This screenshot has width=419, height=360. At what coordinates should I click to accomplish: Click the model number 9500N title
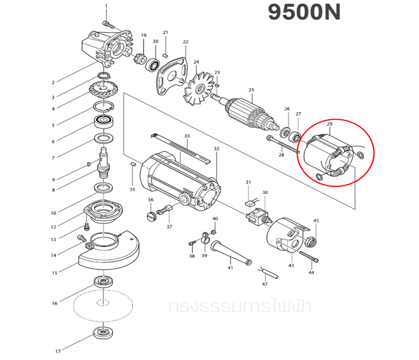pyautogui.click(x=303, y=13)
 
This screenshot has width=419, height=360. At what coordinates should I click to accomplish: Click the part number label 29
pyautogui.click(x=329, y=124)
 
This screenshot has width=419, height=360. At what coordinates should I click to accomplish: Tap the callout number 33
pyautogui.click(x=187, y=137)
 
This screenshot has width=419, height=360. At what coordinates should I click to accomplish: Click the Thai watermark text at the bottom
pyautogui.click(x=239, y=307)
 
